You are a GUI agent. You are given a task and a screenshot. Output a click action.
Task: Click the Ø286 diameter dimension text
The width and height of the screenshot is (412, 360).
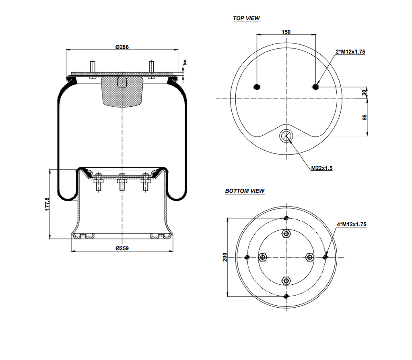[122, 47]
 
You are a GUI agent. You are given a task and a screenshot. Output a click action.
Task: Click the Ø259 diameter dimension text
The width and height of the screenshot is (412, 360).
[122, 248]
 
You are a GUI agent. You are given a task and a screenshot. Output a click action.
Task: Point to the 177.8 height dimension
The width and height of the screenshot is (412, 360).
[47, 204]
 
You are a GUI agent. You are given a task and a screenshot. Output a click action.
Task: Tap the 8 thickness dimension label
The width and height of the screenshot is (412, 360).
[185, 62]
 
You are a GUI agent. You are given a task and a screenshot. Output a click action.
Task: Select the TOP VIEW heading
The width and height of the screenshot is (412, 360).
[246, 19]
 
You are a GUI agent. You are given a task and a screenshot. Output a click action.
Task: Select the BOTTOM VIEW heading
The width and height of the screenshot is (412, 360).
[245, 191]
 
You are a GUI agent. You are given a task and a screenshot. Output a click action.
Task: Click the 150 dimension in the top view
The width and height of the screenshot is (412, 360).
[286, 32]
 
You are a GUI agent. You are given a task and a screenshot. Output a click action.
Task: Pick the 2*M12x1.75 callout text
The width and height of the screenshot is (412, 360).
[350, 52]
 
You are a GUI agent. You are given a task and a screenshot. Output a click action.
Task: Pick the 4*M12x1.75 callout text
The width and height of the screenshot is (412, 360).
[351, 224]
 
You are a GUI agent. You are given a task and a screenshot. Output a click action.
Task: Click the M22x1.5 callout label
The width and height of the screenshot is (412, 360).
[321, 168]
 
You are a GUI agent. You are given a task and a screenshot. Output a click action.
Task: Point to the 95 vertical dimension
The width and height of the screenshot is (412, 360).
[365, 117]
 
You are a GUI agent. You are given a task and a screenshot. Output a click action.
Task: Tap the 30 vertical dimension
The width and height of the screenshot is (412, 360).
[365, 93]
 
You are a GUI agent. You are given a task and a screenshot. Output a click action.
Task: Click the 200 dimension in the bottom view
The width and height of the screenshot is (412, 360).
[225, 257]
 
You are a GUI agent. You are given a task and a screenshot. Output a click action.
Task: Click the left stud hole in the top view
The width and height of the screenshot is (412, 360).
[257, 87]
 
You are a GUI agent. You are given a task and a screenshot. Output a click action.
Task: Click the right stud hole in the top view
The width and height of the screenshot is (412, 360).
[315, 87]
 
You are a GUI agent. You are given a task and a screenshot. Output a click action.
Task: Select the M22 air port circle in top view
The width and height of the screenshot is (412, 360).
[286, 136]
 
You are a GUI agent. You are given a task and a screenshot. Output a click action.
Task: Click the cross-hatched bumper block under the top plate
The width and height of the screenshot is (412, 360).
[122, 91]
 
